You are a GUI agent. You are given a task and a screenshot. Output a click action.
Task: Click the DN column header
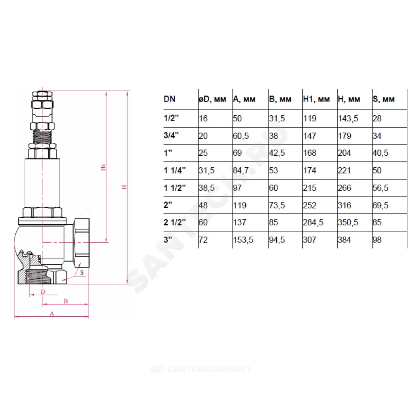pyautogui.click(x=169, y=99)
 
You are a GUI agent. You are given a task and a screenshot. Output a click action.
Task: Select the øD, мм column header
pyautogui.click(x=212, y=99)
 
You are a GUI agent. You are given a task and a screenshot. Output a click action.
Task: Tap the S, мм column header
pyautogui.click(x=384, y=99)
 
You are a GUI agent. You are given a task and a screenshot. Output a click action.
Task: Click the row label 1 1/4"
pyautogui.click(x=175, y=171)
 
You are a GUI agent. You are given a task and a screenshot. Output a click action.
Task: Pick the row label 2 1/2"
pyautogui.click(x=175, y=222)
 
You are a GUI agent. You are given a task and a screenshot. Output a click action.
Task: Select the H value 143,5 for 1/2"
pyautogui.click(x=348, y=119)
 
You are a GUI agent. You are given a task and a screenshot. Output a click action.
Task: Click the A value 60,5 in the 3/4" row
pyautogui.click(x=241, y=136)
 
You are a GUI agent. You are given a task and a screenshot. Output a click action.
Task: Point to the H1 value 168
pyautogui.click(x=309, y=153)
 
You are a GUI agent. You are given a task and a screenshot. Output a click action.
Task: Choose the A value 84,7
pyautogui.click(x=241, y=171)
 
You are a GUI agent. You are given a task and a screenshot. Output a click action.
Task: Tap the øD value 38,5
pyautogui.click(x=206, y=188)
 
